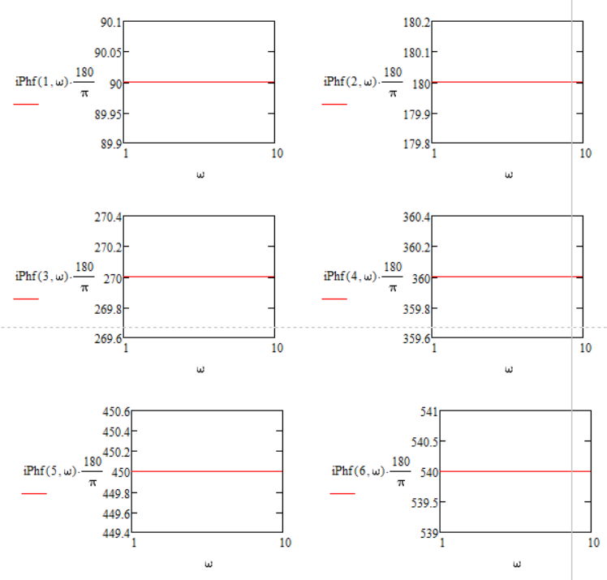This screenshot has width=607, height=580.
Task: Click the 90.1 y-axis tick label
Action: coord(111,22)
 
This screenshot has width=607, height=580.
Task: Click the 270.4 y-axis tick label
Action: coord(109,217)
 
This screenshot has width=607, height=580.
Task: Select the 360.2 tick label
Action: coord(417,247)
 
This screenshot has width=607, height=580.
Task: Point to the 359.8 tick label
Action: coord(417,308)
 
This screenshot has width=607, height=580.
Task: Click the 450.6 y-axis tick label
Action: coord(117,412)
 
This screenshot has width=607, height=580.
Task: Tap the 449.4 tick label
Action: coord(117,534)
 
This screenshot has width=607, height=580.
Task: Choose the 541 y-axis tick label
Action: coord(428,411)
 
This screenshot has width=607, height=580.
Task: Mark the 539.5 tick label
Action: coord(422,503)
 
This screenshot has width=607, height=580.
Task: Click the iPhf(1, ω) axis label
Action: coord(41,82)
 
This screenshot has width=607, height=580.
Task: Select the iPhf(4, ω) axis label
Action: coord(350,277)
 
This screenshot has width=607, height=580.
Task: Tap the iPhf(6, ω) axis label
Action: coord(358,471)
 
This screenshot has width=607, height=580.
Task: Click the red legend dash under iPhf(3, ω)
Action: coord(26,299)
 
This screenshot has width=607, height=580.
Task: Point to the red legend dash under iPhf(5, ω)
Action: coord(34,493)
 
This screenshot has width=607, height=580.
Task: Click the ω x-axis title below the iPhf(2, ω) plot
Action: coord(509,174)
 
